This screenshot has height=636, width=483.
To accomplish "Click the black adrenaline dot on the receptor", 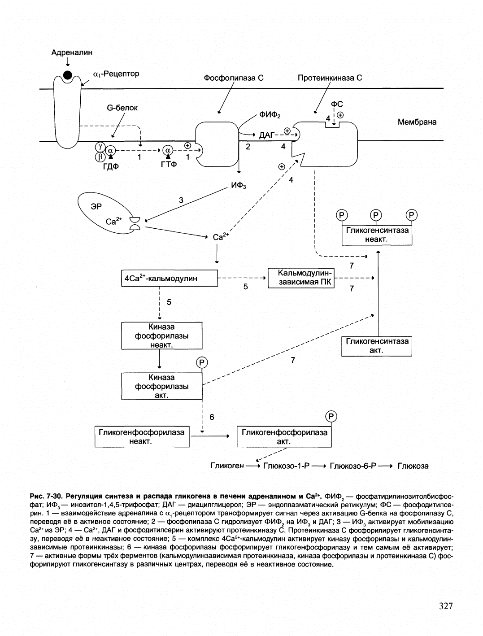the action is (68, 75).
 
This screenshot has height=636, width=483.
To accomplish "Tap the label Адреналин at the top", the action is (72, 52).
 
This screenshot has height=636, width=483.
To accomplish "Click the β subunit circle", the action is (100, 157).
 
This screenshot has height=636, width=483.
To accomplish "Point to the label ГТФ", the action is (169, 164).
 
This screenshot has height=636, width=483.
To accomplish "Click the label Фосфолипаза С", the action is (234, 78).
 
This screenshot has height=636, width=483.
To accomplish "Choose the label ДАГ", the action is (266, 135).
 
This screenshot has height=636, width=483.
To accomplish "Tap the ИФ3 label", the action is (239, 185).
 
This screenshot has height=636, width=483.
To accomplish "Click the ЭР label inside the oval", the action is (96, 206).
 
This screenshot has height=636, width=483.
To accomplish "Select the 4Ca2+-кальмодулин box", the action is (170, 278).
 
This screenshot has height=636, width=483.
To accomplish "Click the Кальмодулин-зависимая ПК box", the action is (301, 278).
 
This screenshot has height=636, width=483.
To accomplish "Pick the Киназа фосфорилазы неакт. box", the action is (162, 335).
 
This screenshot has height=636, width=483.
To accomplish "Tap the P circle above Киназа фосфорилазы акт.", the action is (202, 362).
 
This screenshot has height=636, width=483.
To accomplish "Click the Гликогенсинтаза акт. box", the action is (377, 346).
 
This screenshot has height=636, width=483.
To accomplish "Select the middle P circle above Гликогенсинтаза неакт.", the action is (376, 215).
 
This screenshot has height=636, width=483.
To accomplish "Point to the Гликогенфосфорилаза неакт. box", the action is (142, 436).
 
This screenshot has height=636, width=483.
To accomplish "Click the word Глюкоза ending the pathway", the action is (413, 466).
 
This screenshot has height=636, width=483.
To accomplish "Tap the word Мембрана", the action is (417, 122).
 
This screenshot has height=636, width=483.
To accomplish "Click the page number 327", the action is (446, 606).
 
